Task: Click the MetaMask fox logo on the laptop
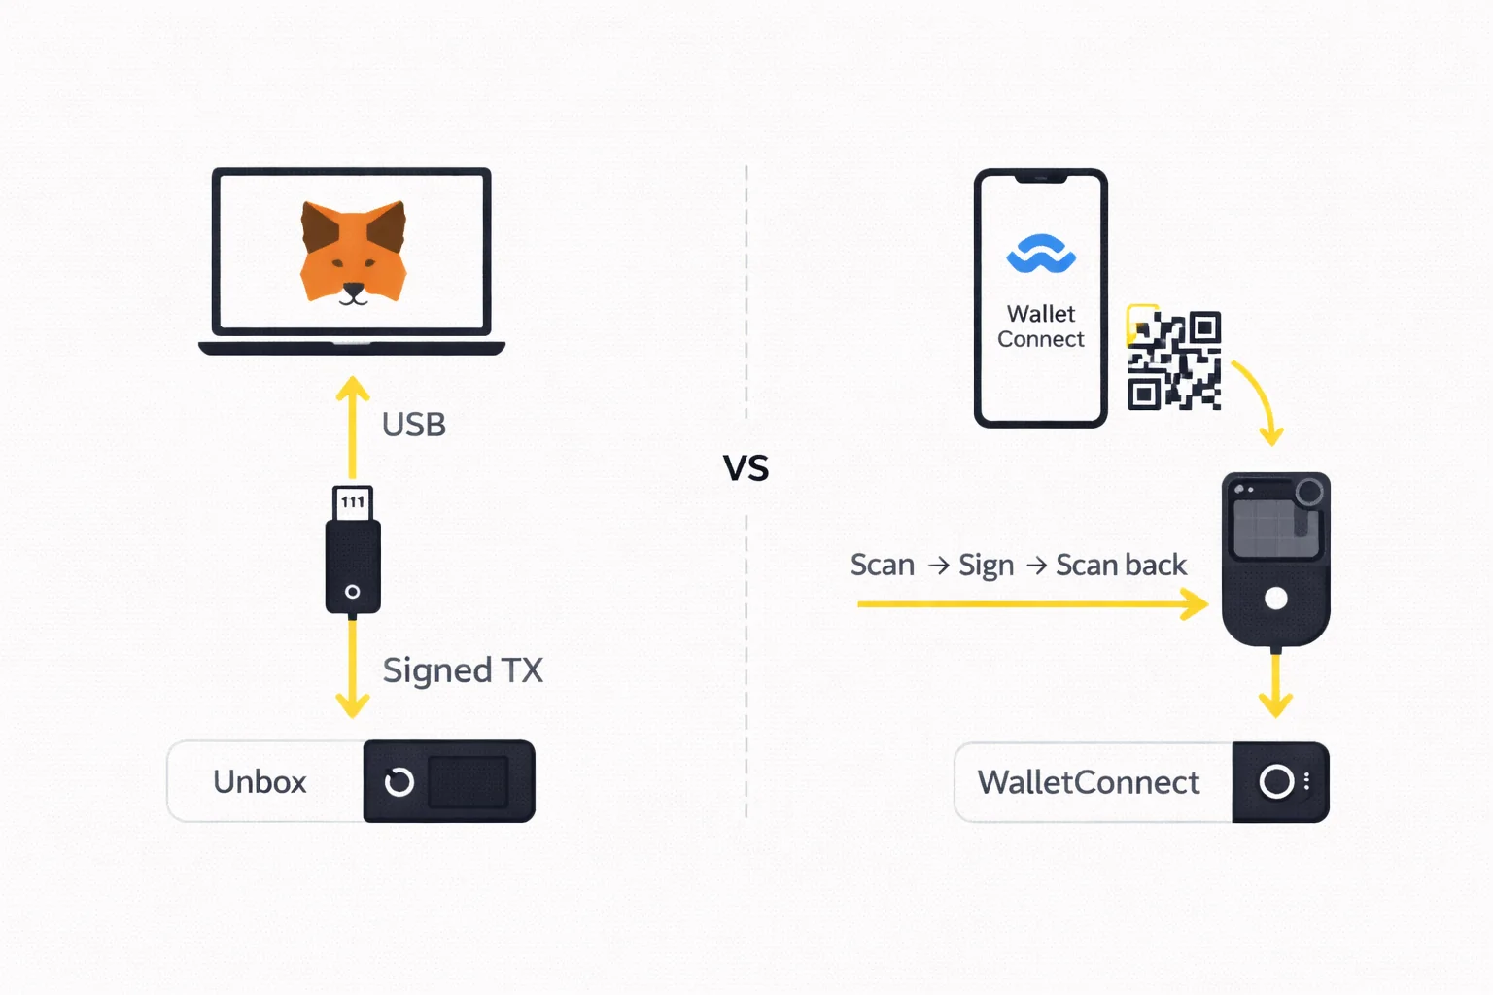[x=353, y=253]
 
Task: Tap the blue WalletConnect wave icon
[x=1041, y=255]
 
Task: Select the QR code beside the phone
[x=1173, y=360]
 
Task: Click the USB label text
[x=414, y=425]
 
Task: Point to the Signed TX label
[x=463, y=670]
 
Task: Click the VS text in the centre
[x=746, y=469]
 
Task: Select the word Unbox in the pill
[x=260, y=782]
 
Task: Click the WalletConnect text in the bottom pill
[x=1089, y=782]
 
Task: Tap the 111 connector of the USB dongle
[x=353, y=502]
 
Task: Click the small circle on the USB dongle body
[x=353, y=592]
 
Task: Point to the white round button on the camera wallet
[x=1276, y=599]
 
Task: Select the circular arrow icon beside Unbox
[x=399, y=782]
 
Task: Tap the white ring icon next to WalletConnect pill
[x=1276, y=781]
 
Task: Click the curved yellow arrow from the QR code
[x=1261, y=399]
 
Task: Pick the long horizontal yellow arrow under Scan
[x=1030, y=604]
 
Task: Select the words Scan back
[x=1121, y=566]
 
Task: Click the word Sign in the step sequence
[x=986, y=566]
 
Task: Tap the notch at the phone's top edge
[x=1041, y=179]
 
